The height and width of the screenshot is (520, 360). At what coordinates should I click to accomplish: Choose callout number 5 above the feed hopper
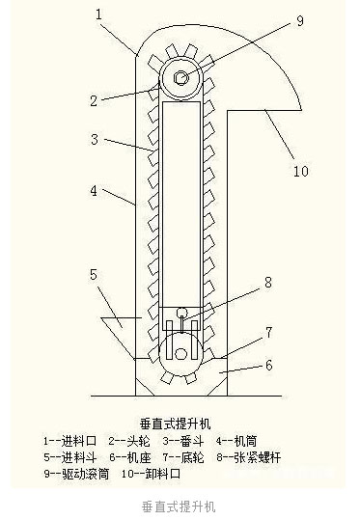click(x=95, y=274)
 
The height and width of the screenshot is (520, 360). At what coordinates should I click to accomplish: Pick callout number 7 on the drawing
click(x=269, y=332)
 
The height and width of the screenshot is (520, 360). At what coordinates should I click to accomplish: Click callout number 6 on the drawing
click(x=269, y=366)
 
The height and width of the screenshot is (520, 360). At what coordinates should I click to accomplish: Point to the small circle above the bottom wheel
click(x=180, y=312)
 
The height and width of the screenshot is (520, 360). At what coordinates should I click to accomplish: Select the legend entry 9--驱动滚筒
click(x=76, y=474)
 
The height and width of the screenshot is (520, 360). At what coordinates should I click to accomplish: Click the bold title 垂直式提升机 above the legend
click(x=180, y=422)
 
